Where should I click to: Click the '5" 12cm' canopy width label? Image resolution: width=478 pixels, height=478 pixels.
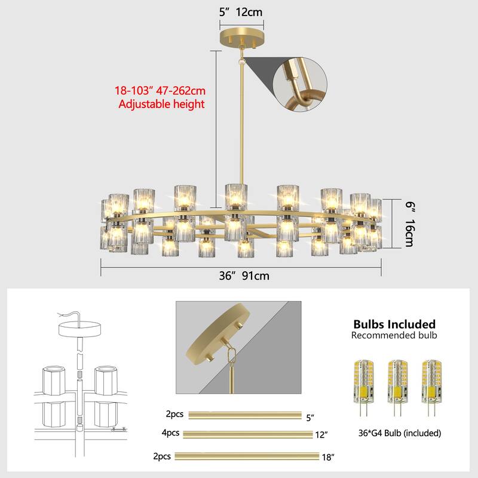tap(241, 11)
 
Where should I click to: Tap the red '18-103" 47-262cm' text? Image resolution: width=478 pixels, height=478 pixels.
tap(160, 91)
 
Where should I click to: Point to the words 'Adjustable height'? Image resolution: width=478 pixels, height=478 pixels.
tap(161, 104)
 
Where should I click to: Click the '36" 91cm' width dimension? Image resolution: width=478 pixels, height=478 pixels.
tap(241, 276)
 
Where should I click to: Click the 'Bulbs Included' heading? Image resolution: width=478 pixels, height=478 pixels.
tap(394, 324)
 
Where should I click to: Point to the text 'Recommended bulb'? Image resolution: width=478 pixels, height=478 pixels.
tap(394, 336)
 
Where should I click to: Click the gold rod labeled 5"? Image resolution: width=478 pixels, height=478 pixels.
tap(245, 415)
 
